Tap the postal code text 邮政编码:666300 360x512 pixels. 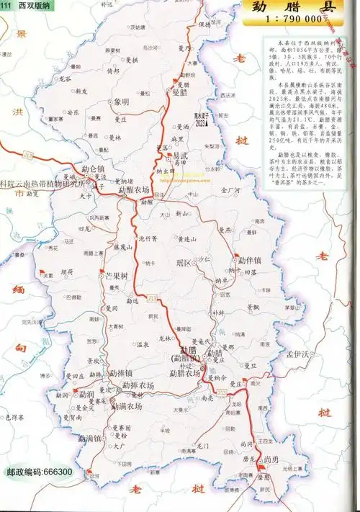pos(39,472)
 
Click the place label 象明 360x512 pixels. pos(122,102)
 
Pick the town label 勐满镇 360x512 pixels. pos(91,437)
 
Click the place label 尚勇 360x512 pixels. pos(271,459)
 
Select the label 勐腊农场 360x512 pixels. pos(184,374)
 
